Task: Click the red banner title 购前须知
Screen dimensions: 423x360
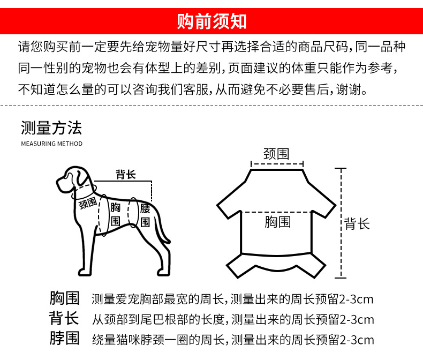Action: [211, 21]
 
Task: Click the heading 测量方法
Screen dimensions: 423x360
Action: [51, 128]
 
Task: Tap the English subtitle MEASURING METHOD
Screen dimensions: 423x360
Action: [52, 144]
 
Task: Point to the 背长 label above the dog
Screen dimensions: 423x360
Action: [125, 174]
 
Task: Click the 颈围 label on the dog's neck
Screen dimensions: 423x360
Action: [88, 203]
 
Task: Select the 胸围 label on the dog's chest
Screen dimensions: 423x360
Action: [116, 214]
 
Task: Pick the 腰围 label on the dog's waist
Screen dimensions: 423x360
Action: [145, 215]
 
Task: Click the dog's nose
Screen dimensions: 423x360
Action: [58, 182]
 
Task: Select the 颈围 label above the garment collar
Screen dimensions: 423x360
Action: [276, 154]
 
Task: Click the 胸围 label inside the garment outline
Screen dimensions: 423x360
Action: [277, 222]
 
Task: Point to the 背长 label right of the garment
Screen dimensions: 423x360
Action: [357, 224]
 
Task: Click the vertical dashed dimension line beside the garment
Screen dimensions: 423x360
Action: [341, 223]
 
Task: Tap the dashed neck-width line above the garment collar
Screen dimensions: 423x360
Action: [277, 164]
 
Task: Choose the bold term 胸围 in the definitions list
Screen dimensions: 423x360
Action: [64, 298]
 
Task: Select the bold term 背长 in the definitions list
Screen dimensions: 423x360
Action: [64, 318]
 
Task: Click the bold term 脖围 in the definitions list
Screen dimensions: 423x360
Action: [64, 338]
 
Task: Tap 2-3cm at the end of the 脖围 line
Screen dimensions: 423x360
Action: [357, 340]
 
